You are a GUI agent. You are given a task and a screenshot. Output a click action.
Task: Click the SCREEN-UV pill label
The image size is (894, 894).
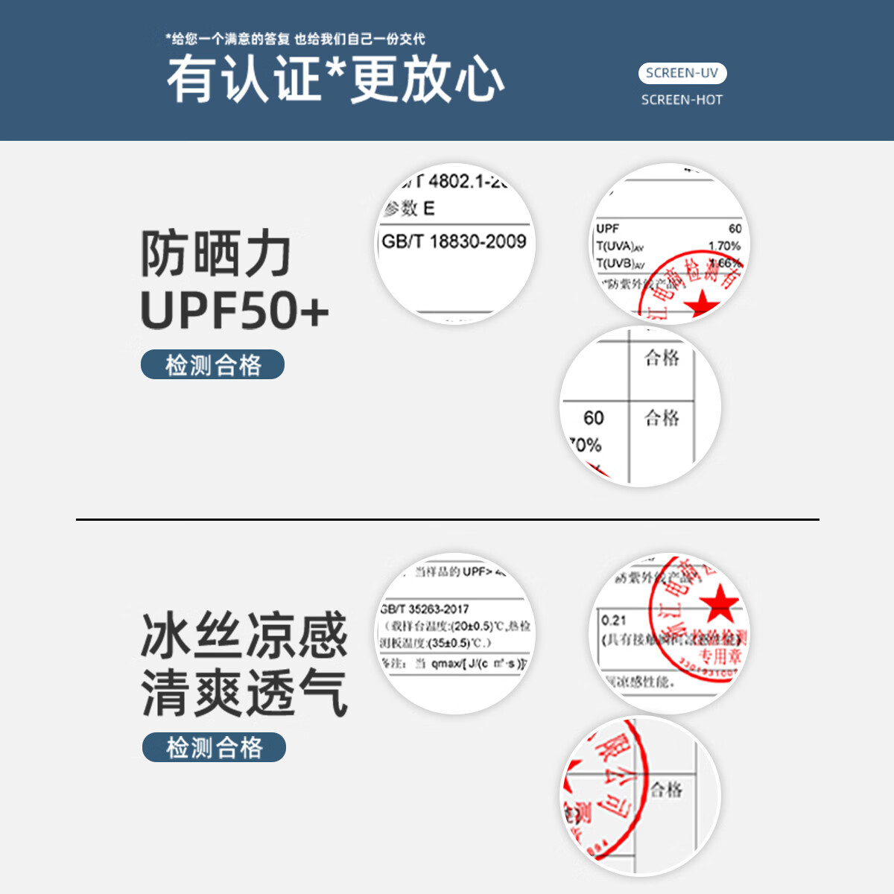pos(682,73)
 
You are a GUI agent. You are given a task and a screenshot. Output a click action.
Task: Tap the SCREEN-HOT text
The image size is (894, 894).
pos(682,100)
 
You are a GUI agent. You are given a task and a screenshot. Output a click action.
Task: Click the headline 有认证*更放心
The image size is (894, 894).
pos(335,79)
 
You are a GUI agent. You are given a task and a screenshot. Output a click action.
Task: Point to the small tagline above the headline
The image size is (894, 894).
pos(295,39)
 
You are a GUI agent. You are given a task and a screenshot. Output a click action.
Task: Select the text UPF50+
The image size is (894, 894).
pos(235,310)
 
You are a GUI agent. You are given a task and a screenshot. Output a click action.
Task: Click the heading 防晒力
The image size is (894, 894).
pos(216,254)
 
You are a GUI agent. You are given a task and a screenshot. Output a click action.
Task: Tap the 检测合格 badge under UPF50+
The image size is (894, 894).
pos(213,365)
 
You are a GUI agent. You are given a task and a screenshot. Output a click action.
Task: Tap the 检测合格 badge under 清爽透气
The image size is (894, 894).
pos(214,747)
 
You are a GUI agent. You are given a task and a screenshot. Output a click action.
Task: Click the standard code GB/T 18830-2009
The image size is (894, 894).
pos(454,241)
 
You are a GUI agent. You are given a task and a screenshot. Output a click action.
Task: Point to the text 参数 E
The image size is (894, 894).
pos(409,209)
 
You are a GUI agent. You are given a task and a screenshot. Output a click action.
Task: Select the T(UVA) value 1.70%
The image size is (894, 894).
pos(724,246)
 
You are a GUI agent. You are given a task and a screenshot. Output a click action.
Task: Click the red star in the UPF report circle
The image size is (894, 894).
pos(701,304)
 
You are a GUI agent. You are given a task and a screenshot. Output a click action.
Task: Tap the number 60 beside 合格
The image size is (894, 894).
pos(594,418)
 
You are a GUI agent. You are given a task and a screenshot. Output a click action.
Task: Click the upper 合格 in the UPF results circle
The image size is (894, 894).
pos(662,358)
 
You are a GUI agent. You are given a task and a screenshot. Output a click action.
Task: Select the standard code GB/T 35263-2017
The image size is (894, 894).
pos(425,609)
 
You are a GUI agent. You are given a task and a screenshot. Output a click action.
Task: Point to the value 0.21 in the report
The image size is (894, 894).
pos(614,620)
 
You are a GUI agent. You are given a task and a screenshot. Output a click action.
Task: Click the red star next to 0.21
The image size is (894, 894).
pos(719,603)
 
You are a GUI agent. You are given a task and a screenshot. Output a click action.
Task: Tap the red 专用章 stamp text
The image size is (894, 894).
pos(720,656)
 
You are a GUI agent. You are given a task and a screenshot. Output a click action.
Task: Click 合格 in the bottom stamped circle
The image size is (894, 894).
pos(666,790)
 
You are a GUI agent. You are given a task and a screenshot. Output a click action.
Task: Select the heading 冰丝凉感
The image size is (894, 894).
pos(244,635)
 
